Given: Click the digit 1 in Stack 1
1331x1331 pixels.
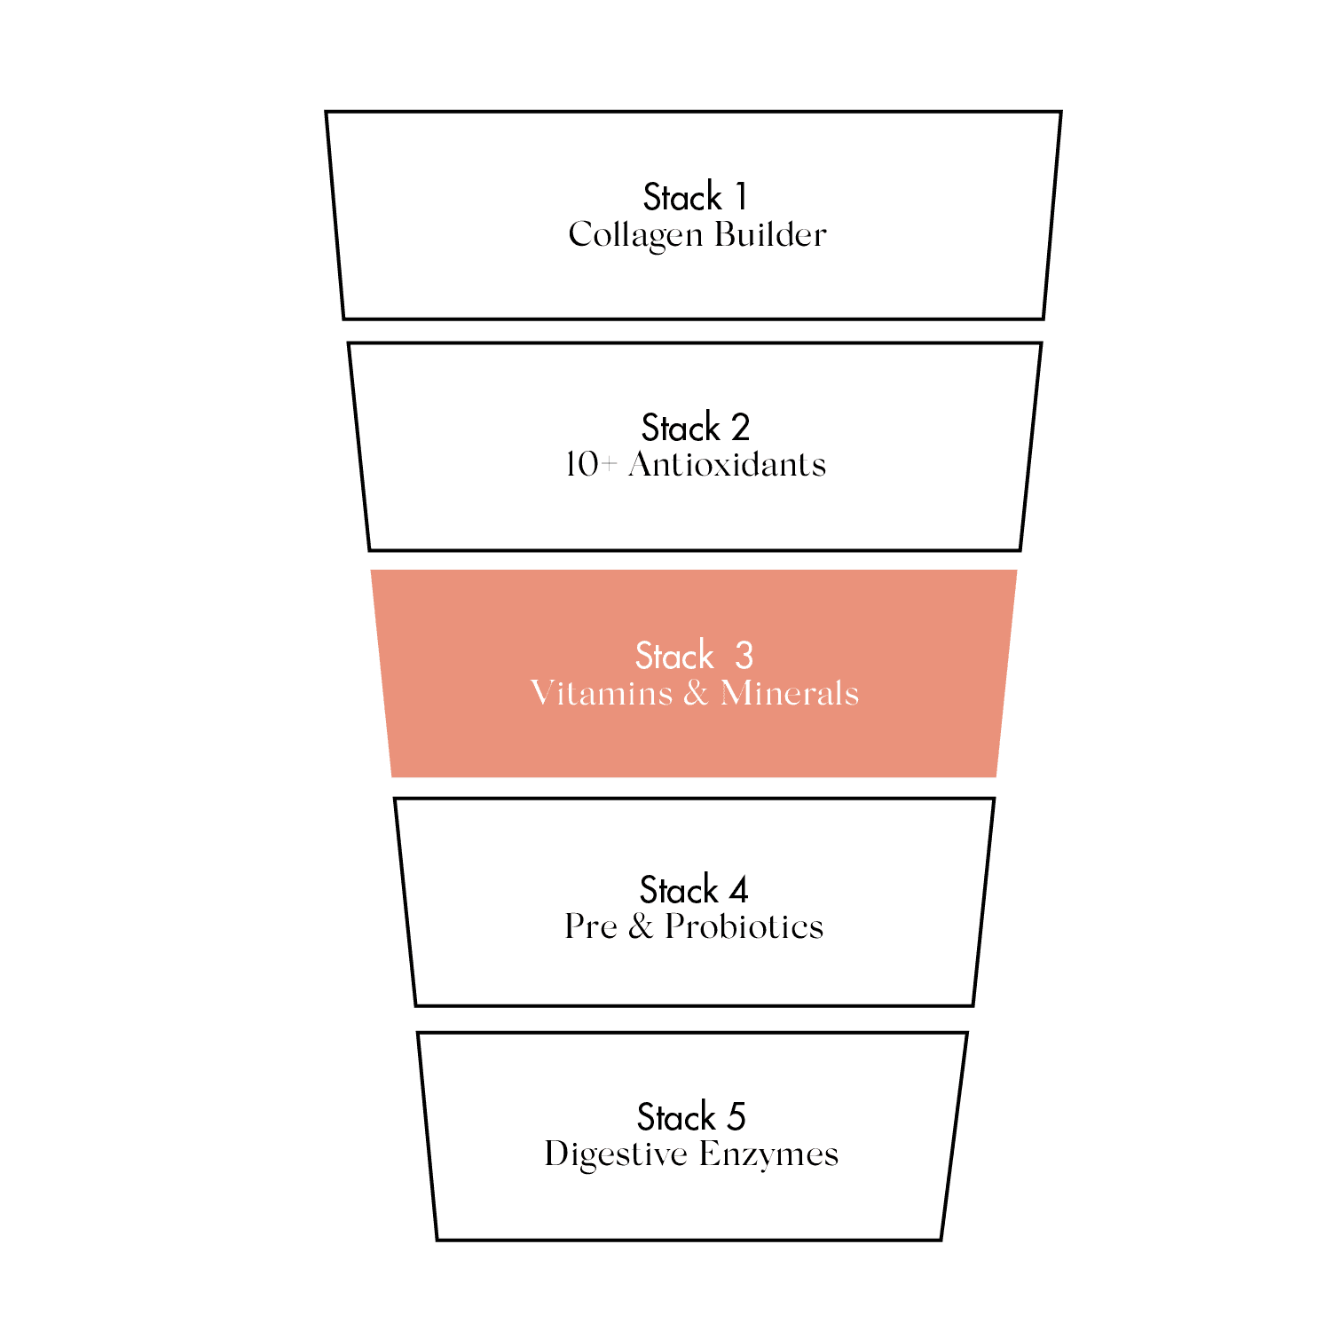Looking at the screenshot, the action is click(742, 197).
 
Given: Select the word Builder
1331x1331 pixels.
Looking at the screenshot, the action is click(770, 234).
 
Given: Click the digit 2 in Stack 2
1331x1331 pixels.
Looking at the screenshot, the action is click(740, 428).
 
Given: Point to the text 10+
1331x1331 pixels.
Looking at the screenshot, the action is click(590, 464).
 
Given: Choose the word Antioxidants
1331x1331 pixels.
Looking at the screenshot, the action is click(727, 464).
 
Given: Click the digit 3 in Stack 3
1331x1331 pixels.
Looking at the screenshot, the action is click(744, 656).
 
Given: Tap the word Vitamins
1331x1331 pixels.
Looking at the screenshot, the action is click(602, 693).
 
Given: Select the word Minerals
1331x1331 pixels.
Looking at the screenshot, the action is click(790, 693).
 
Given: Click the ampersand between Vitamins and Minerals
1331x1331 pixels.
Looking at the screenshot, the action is click(697, 693).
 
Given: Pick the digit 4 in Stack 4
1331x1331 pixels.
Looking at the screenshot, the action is click(739, 889).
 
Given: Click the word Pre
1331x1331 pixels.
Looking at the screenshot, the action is click(591, 926).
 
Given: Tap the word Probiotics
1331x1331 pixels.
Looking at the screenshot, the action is click(744, 926).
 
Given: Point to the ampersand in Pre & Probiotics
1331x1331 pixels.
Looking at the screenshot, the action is click(642, 926).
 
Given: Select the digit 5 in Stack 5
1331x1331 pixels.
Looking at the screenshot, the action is click(736, 1117).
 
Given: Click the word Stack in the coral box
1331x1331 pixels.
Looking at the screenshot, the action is click(674, 656).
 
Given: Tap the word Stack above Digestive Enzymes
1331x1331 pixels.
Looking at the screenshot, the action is click(677, 1117).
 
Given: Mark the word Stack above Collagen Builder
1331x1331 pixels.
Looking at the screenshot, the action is click(682, 197).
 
